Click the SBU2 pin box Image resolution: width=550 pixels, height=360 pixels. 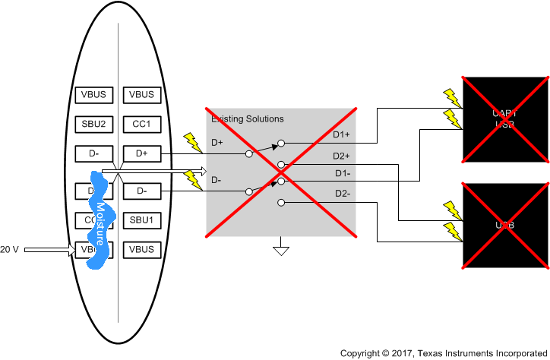[95, 124]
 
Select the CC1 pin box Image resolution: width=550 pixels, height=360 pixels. [141, 124]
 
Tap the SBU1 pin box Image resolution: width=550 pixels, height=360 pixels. [141, 220]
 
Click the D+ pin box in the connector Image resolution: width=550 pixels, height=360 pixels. [141, 153]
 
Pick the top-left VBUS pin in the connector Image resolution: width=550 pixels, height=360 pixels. [95, 95]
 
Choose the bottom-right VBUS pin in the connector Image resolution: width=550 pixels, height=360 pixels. [141, 249]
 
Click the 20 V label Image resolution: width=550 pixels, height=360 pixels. [9, 249]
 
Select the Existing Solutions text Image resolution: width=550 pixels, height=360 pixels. [247, 119]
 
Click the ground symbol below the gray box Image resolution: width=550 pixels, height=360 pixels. [281, 249]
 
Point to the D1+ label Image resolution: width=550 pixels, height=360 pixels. [342, 135]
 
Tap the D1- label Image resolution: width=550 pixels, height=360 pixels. [342, 174]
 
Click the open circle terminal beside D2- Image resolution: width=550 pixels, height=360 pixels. [281, 203]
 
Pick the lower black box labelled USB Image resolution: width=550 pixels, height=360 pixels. [505, 226]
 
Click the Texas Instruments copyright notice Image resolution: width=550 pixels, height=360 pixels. [443, 353]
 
